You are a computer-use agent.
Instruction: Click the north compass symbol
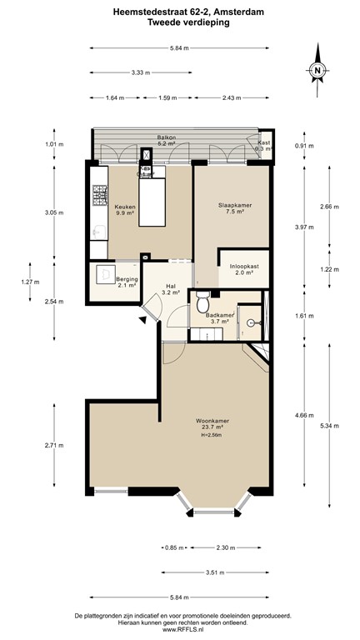(317, 72)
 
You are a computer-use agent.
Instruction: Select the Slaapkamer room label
(231, 207)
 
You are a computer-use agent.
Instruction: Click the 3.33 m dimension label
(141, 72)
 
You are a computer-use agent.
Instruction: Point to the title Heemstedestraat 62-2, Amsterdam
(179, 12)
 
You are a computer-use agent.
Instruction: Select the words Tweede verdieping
(179, 23)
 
